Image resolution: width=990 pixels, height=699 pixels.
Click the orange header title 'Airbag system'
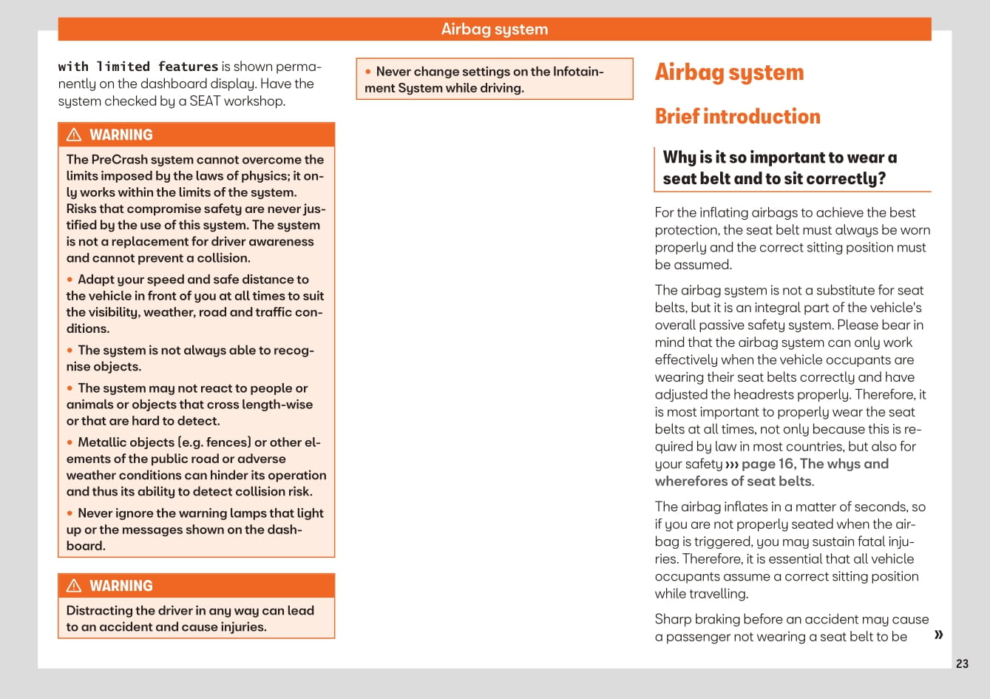pyautogui.click(x=495, y=30)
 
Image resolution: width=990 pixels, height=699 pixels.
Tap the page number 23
pyautogui.click(x=962, y=663)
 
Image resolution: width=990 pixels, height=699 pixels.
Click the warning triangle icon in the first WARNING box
pyautogui.click(x=74, y=135)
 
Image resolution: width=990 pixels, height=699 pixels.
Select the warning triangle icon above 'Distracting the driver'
pyautogui.click(x=74, y=586)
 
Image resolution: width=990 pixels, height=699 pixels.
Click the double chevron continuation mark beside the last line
pyautogui.click(x=938, y=635)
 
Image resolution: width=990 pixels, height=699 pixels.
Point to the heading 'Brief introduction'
pyautogui.click(x=737, y=116)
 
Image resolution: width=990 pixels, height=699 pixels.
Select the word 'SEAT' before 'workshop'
pyautogui.click(x=205, y=101)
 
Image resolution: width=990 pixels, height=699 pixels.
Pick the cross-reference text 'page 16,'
pyautogui.click(x=768, y=464)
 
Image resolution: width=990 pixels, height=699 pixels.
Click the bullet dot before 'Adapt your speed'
pyautogui.click(x=70, y=280)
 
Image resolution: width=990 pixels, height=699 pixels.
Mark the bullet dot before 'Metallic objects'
pyautogui.click(x=70, y=442)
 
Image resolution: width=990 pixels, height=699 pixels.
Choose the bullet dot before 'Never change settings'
pyautogui.click(x=368, y=72)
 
